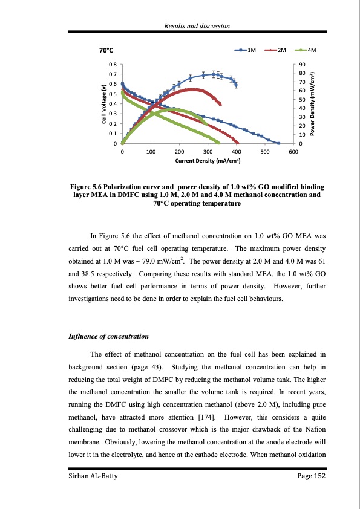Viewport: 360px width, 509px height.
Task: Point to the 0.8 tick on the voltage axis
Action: point(113,64)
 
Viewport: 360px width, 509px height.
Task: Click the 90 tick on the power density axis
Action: point(303,64)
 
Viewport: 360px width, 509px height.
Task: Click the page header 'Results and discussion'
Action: point(198,24)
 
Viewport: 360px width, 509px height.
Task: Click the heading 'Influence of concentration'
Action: point(108,336)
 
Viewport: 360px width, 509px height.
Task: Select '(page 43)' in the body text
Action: point(146,367)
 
